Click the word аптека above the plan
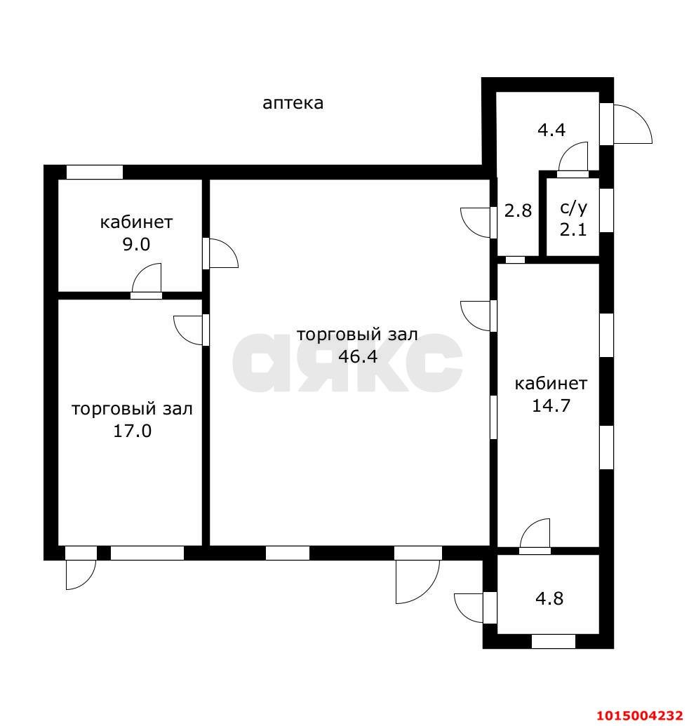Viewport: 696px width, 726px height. [293, 103]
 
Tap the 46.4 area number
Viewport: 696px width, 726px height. [358, 356]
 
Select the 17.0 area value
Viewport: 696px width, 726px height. [132, 431]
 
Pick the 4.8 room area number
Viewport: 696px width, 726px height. [549, 599]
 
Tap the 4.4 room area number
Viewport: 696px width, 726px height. [551, 130]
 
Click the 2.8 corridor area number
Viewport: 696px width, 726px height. [518, 210]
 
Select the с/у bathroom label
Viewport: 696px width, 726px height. [573, 208]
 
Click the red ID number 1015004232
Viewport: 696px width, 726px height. [638, 715]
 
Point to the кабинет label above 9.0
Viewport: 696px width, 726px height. [136, 222]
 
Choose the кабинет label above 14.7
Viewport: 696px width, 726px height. [551, 384]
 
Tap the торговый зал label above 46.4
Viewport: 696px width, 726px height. [357, 335]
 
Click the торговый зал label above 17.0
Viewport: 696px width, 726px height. [132, 409]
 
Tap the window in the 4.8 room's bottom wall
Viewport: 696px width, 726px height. [553, 640]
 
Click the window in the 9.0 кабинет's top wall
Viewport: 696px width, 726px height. [94, 172]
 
